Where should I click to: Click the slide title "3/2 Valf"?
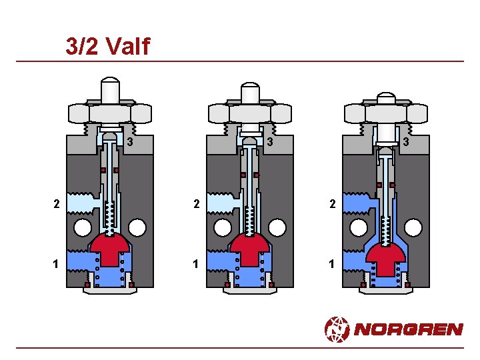[108, 46]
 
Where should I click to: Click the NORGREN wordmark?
[409, 329]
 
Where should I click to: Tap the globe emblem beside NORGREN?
[337, 329]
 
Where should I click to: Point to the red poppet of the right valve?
[386, 259]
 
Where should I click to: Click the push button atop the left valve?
[110, 90]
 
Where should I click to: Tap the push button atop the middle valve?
[250, 93]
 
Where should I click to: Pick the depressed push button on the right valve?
[386, 98]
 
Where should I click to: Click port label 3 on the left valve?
[130, 141]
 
